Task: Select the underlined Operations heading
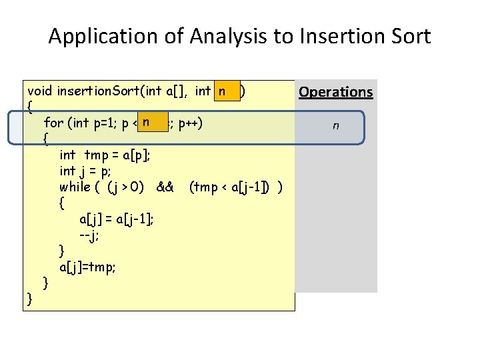click(x=335, y=92)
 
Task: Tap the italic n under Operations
click(x=335, y=125)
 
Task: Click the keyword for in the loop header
click(x=53, y=123)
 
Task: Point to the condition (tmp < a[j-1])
click(x=230, y=187)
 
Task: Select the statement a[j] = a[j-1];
click(x=117, y=219)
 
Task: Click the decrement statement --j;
click(x=89, y=235)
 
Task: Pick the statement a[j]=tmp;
click(x=87, y=267)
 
